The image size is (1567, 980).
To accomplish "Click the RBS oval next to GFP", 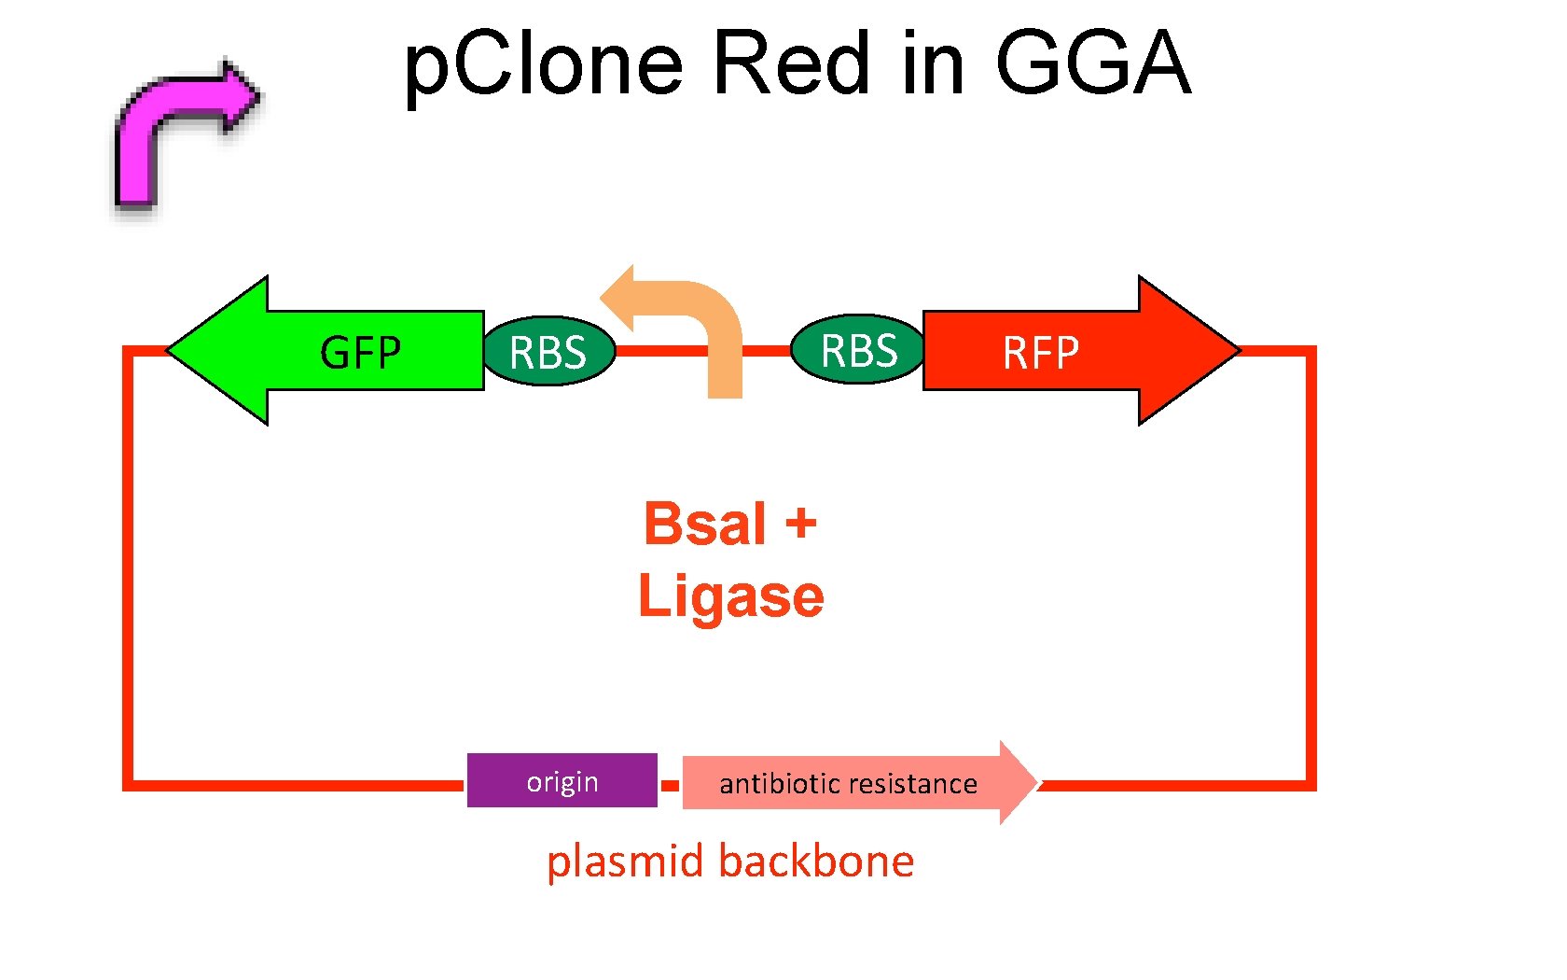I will pyautogui.click(x=548, y=351).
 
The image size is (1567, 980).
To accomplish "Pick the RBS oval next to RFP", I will pyautogui.click(x=858, y=350).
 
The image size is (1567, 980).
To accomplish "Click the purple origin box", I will pyautogui.click(x=562, y=780).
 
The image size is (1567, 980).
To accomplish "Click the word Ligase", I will pyautogui.click(x=731, y=595).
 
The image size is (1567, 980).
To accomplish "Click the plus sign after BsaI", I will pyautogui.click(x=800, y=523).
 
